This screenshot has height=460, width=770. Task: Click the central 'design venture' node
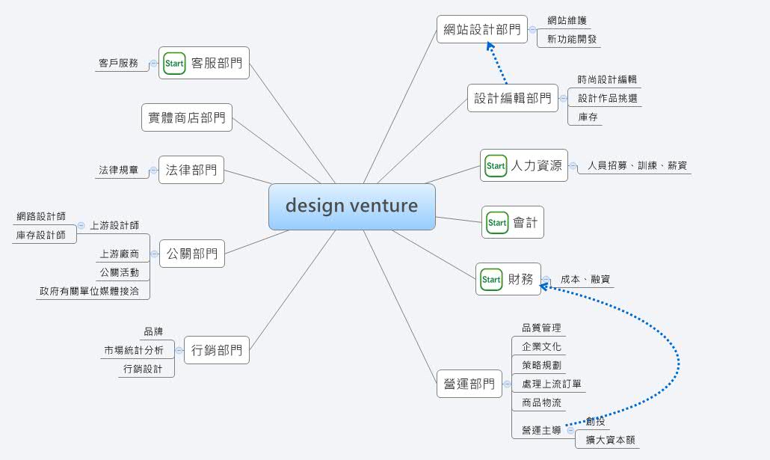point(351,206)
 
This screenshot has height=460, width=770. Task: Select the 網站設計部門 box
point(481,29)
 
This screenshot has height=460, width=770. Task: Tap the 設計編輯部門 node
point(513,98)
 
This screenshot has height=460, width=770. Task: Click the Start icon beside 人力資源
point(496,165)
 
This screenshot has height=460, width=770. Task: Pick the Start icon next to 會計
point(497,222)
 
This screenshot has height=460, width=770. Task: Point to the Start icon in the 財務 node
point(491,279)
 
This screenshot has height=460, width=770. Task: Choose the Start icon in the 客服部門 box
point(174,63)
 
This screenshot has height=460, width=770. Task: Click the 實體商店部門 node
point(187,117)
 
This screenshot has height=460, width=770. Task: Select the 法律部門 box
point(191,170)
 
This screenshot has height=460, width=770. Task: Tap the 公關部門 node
point(192,254)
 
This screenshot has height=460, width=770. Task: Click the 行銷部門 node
point(216,349)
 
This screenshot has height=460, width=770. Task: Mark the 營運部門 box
point(469,384)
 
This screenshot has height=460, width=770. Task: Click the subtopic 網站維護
point(567,21)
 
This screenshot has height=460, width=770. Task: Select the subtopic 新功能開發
point(572,39)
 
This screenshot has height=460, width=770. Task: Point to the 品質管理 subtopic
point(541,328)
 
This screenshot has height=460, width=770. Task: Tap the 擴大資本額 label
point(610,440)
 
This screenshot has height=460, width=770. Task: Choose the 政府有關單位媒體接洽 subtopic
point(89,291)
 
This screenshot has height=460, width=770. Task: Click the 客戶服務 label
point(118,63)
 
